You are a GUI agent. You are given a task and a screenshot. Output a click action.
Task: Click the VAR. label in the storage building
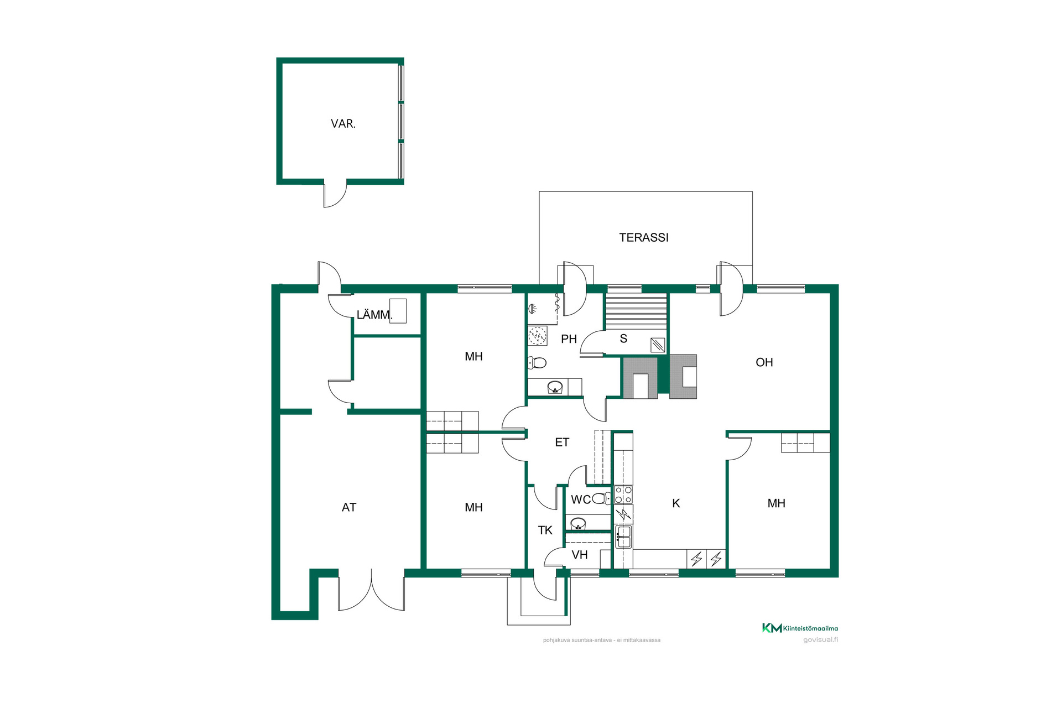pos(343,124)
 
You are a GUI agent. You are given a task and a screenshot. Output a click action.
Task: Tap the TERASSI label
pos(644,238)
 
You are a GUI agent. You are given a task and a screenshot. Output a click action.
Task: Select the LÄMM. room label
pos(374,315)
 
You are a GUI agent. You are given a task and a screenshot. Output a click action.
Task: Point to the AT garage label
pos(349,507)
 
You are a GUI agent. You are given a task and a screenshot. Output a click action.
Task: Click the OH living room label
pos(764,362)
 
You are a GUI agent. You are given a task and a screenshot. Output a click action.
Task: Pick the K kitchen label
pos(676,503)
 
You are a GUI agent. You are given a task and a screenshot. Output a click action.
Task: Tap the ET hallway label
pos(562,442)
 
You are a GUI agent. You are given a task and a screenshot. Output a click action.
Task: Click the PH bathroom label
pos(569,339)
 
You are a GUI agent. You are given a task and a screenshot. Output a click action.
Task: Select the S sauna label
pos(623,339)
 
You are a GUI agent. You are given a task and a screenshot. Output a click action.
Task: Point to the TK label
pos(545,530)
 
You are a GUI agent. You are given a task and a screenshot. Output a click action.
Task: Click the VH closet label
pos(580,555)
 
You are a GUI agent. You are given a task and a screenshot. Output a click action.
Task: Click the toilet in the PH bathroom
pos(537,363)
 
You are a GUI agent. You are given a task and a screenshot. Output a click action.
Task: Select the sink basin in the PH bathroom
pos(555,387)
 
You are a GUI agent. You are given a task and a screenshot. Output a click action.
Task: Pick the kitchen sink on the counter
pos(623,537)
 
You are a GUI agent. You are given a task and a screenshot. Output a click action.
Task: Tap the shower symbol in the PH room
pos(533,309)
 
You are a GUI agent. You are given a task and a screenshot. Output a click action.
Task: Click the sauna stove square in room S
pos(658,345)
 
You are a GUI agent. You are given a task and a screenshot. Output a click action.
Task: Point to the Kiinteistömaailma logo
pos(800,628)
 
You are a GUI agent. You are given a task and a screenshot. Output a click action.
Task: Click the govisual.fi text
pos(820,640)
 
